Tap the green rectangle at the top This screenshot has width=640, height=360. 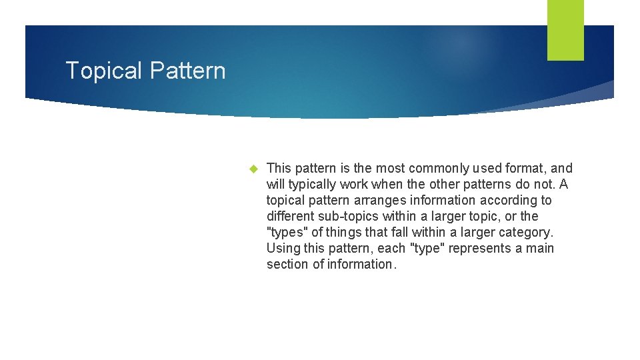[565, 29]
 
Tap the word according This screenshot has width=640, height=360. [509, 201]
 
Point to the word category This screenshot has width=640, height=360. [529, 233]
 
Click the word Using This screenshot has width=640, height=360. [281, 249]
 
